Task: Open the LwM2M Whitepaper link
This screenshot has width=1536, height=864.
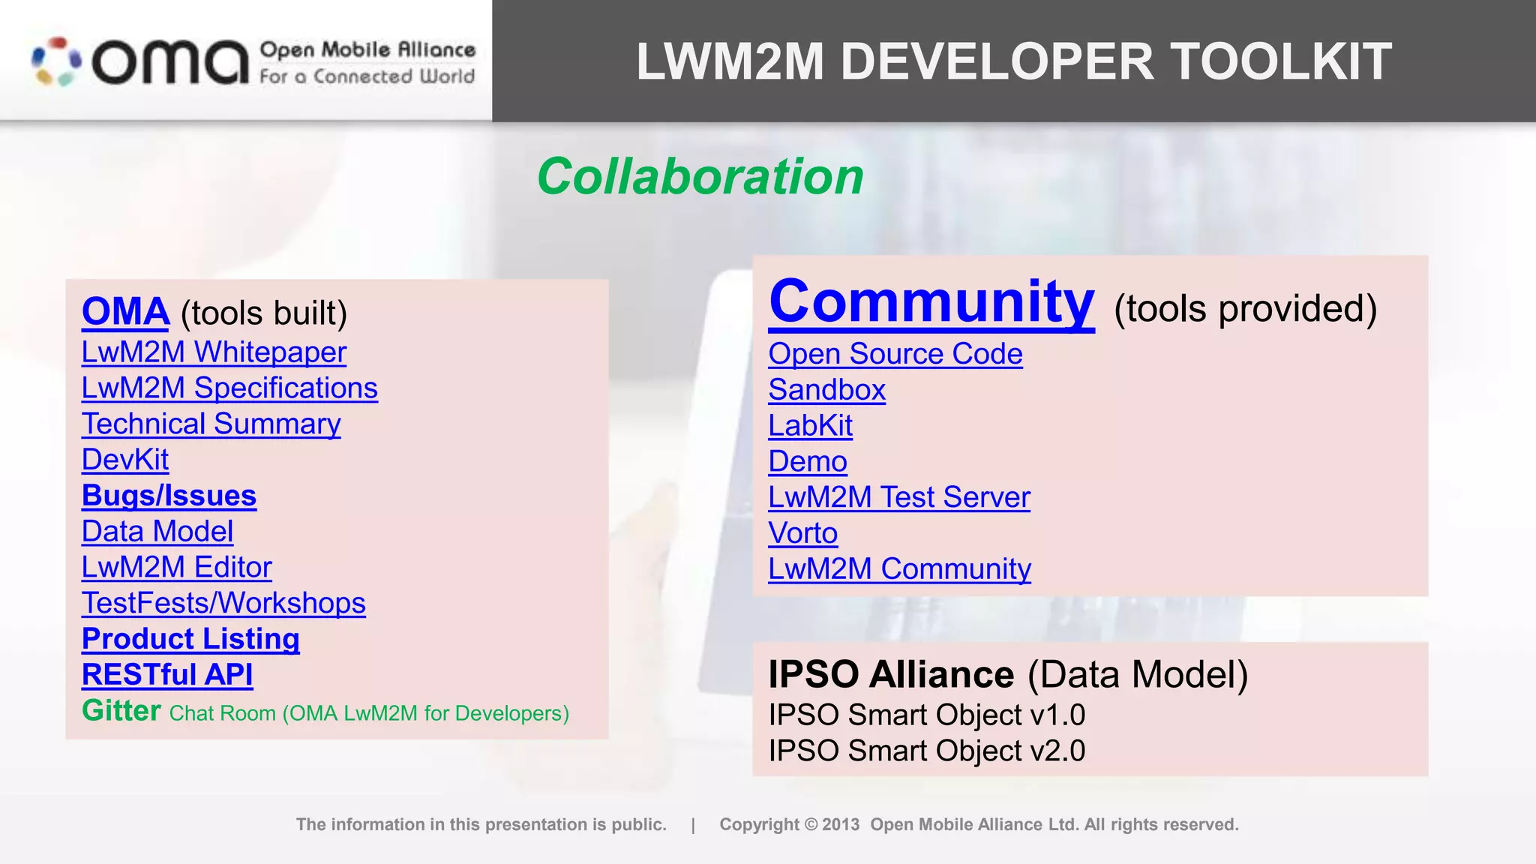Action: click(x=214, y=352)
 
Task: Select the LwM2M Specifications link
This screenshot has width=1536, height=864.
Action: click(x=229, y=388)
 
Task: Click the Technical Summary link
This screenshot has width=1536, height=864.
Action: click(x=211, y=424)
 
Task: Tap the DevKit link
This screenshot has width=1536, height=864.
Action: click(x=125, y=460)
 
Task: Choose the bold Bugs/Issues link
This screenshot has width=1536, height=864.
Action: click(x=169, y=496)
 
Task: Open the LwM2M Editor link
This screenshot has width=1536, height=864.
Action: click(x=176, y=568)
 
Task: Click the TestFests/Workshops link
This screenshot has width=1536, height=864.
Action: click(x=223, y=604)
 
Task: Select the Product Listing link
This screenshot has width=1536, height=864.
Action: click(x=190, y=639)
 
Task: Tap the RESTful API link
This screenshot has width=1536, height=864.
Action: click(x=167, y=675)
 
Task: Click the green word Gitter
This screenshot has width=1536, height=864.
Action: click(x=121, y=710)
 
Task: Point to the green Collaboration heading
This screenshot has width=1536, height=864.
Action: click(x=700, y=177)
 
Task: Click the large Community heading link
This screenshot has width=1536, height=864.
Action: click(x=931, y=301)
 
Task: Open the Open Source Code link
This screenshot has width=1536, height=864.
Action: click(x=895, y=354)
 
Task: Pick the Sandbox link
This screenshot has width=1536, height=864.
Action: click(x=826, y=390)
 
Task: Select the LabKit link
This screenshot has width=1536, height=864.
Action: click(x=810, y=426)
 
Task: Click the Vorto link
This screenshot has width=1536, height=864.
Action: click(x=802, y=533)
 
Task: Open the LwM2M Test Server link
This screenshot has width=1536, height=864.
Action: click(x=898, y=497)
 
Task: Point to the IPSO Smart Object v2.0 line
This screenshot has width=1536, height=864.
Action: click(x=926, y=751)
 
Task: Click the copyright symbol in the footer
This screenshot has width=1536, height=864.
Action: click(x=811, y=825)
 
